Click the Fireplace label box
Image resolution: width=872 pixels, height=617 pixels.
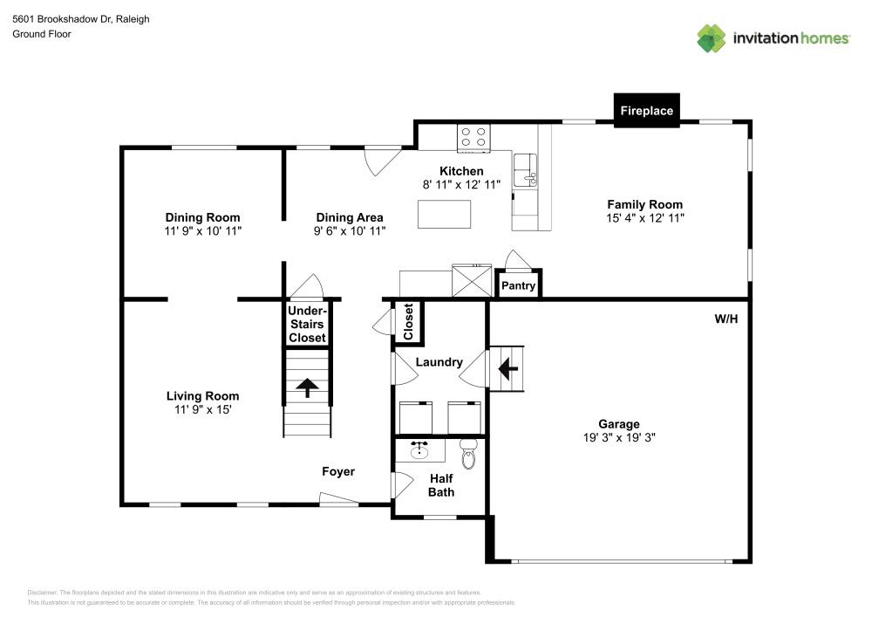tap(646, 111)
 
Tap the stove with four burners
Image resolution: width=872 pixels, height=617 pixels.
tap(473, 137)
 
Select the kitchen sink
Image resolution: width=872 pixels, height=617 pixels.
tap(525, 170)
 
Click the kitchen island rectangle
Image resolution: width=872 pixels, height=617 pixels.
tap(445, 214)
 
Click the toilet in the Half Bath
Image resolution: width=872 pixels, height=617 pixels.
tap(468, 456)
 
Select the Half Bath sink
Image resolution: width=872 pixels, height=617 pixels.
tap(420, 450)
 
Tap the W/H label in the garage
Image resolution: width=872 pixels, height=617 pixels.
tap(726, 319)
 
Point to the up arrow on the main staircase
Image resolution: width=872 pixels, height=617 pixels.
tap(307, 387)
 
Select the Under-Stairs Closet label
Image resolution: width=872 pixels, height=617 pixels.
tap(307, 324)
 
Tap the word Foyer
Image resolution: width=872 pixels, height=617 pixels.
tap(338, 472)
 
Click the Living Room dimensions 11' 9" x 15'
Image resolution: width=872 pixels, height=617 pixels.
tap(203, 409)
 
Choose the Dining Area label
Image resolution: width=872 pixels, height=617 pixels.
tap(349, 217)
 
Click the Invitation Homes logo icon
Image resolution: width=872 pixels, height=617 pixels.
tap(712, 38)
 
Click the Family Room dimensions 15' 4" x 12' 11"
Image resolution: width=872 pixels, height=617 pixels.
tap(645, 217)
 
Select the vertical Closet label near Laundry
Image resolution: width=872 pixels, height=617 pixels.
tap(408, 322)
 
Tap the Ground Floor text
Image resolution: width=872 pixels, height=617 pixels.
tap(41, 34)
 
